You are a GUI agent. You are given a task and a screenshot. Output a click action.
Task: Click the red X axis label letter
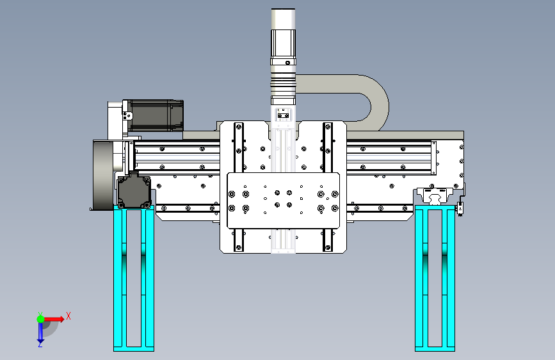coord(68,316)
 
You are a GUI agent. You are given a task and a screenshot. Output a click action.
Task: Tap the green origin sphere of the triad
coord(40,319)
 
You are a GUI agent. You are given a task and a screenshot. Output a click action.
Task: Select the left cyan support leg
coord(134,279)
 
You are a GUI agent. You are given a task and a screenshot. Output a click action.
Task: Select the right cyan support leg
coord(435,278)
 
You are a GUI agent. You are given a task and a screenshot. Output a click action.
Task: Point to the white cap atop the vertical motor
coord(283,19)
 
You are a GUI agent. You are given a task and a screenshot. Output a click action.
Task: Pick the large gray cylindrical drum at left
coord(103,176)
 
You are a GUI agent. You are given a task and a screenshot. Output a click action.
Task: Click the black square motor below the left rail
coord(134,192)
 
